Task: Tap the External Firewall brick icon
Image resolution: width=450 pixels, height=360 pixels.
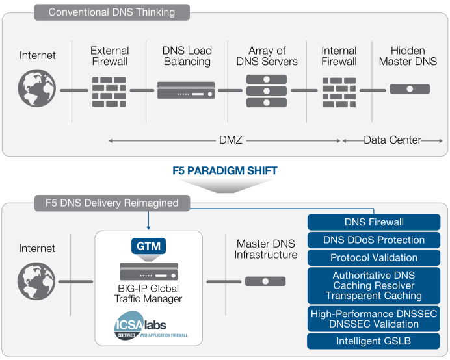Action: click(x=109, y=91)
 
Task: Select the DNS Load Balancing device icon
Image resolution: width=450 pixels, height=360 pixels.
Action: click(x=186, y=90)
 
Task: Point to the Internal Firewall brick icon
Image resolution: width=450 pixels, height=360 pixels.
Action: click(x=339, y=91)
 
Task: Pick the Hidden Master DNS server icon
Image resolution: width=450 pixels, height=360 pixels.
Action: click(x=410, y=89)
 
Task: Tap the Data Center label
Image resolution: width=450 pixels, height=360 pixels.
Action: click(x=392, y=140)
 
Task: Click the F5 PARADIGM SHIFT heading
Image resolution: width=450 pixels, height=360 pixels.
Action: click(x=225, y=171)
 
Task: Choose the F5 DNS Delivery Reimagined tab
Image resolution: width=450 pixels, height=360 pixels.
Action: click(x=112, y=203)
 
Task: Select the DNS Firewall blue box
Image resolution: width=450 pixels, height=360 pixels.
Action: click(x=373, y=222)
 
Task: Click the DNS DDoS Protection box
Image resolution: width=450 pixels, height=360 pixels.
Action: click(x=373, y=240)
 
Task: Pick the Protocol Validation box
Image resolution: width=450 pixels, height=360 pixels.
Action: click(x=373, y=257)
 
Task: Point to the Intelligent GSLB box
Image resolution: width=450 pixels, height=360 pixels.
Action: click(x=373, y=341)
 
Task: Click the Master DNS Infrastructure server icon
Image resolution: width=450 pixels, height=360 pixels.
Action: click(x=265, y=281)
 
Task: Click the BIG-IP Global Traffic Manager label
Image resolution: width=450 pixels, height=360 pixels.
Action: click(x=149, y=294)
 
